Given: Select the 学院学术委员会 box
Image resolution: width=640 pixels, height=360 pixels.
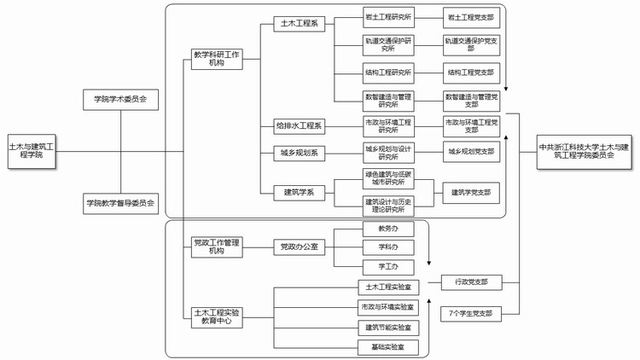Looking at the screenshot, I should [x=121, y=99].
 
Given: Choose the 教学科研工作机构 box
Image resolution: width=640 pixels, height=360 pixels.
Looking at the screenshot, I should [x=217, y=60].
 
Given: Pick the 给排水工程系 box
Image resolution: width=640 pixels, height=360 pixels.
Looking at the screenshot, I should [x=299, y=126].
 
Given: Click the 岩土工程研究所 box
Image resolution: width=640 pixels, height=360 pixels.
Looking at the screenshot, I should [x=388, y=16].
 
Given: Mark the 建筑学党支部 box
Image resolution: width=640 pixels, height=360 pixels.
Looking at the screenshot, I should [x=471, y=193].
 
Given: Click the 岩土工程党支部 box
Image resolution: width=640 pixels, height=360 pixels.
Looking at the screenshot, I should [x=471, y=16].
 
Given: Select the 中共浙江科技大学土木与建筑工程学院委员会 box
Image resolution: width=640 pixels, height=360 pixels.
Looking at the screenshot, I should [x=585, y=151].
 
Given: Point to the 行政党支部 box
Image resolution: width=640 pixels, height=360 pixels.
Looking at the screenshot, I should [x=471, y=281].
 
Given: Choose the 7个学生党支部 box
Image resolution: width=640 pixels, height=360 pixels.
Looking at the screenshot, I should [x=471, y=313].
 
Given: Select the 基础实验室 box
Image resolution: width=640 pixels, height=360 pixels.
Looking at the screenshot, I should [x=388, y=346].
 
